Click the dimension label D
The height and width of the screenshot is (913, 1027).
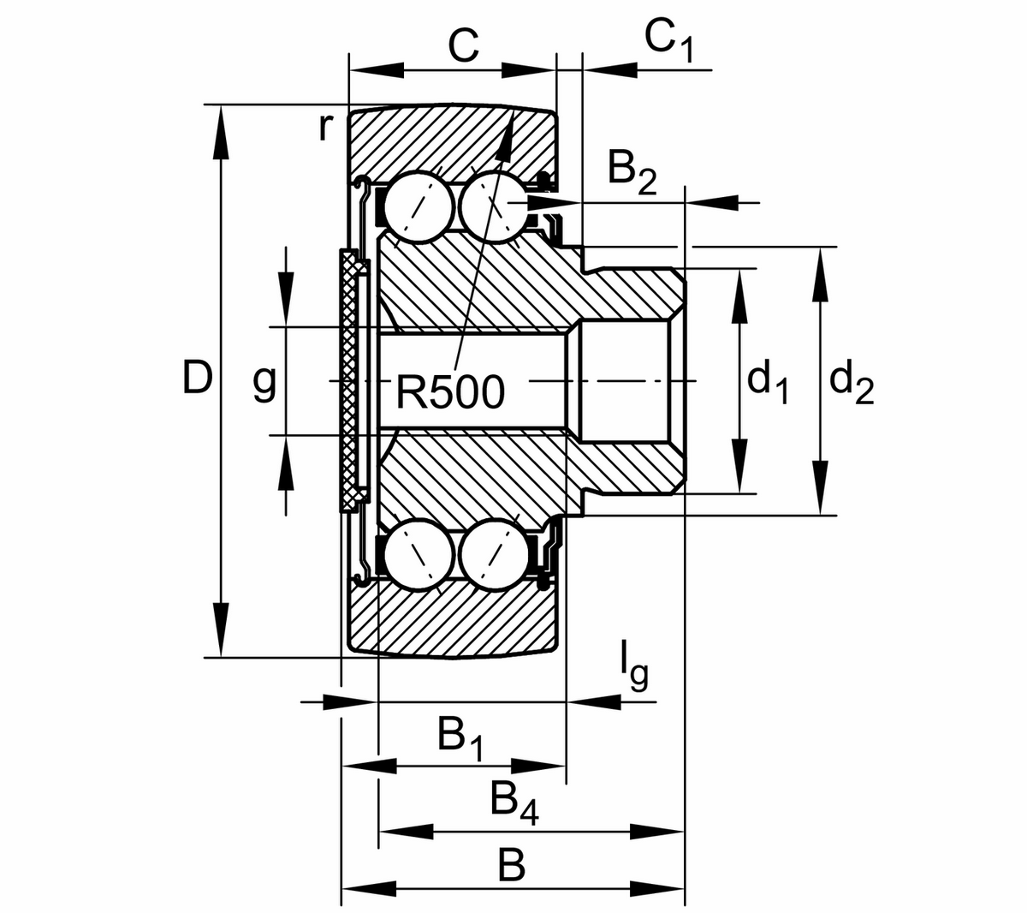[197, 378]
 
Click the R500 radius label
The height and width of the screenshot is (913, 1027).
[451, 393]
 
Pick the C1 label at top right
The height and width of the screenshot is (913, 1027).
[668, 39]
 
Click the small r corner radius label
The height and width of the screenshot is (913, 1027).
[324, 128]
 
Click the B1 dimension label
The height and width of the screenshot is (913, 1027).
[460, 738]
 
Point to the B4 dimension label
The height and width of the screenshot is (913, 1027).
[514, 803]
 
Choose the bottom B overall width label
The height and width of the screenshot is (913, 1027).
[511, 866]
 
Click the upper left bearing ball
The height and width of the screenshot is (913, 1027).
[419, 208]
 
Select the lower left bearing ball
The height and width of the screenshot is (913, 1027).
[419, 553]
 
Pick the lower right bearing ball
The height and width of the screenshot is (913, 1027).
[494, 553]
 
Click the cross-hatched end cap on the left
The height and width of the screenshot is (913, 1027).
[349, 381]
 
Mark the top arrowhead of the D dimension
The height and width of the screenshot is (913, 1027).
[221, 124]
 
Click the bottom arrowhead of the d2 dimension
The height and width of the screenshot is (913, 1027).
[820, 497]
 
